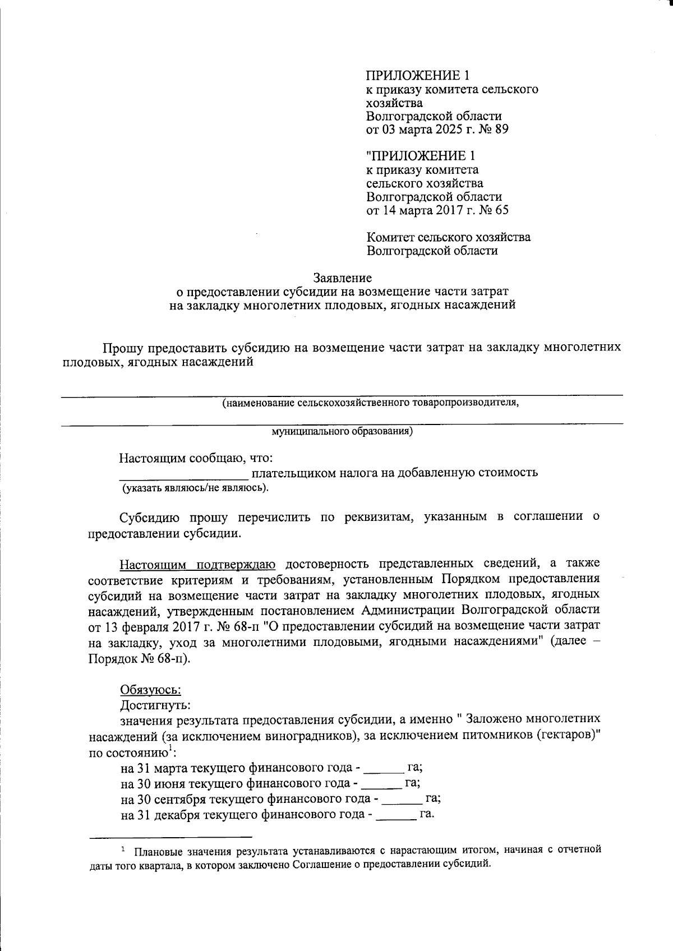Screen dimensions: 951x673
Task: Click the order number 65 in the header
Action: [x=502, y=211]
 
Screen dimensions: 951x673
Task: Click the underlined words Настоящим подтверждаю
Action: [x=198, y=563]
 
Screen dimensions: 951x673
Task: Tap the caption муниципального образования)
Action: [x=342, y=431]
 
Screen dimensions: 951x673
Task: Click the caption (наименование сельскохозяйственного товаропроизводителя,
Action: [x=370, y=403]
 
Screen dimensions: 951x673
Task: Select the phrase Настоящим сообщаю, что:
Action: [x=196, y=458]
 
